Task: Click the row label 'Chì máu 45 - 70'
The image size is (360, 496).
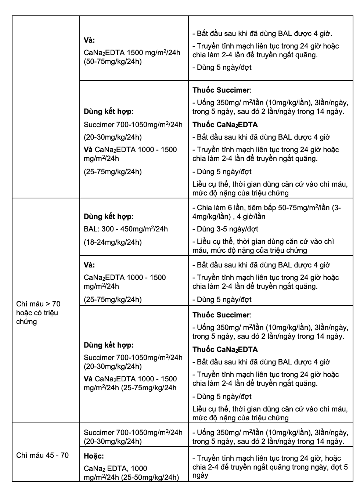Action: (x=42, y=455)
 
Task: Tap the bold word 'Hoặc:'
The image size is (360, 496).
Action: (x=94, y=456)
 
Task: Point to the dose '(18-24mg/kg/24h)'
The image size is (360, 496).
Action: (x=112, y=242)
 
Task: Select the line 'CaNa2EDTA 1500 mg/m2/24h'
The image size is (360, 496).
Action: (x=132, y=53)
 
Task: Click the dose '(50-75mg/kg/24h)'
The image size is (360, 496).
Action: (x=112, y=61)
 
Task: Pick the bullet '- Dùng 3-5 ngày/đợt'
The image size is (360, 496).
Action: (x=225, y=229)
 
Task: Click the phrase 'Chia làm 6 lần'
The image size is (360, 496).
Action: (x=220, y=208)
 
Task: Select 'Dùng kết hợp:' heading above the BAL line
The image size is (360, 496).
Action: (x=109, y=216)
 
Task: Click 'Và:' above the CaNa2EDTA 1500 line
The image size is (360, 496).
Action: (x=89, y=40)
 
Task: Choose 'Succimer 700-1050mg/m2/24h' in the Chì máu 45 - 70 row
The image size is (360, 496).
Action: (x=133, y=432)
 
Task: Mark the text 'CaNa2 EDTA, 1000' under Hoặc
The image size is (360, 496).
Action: (x=115, y=468)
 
